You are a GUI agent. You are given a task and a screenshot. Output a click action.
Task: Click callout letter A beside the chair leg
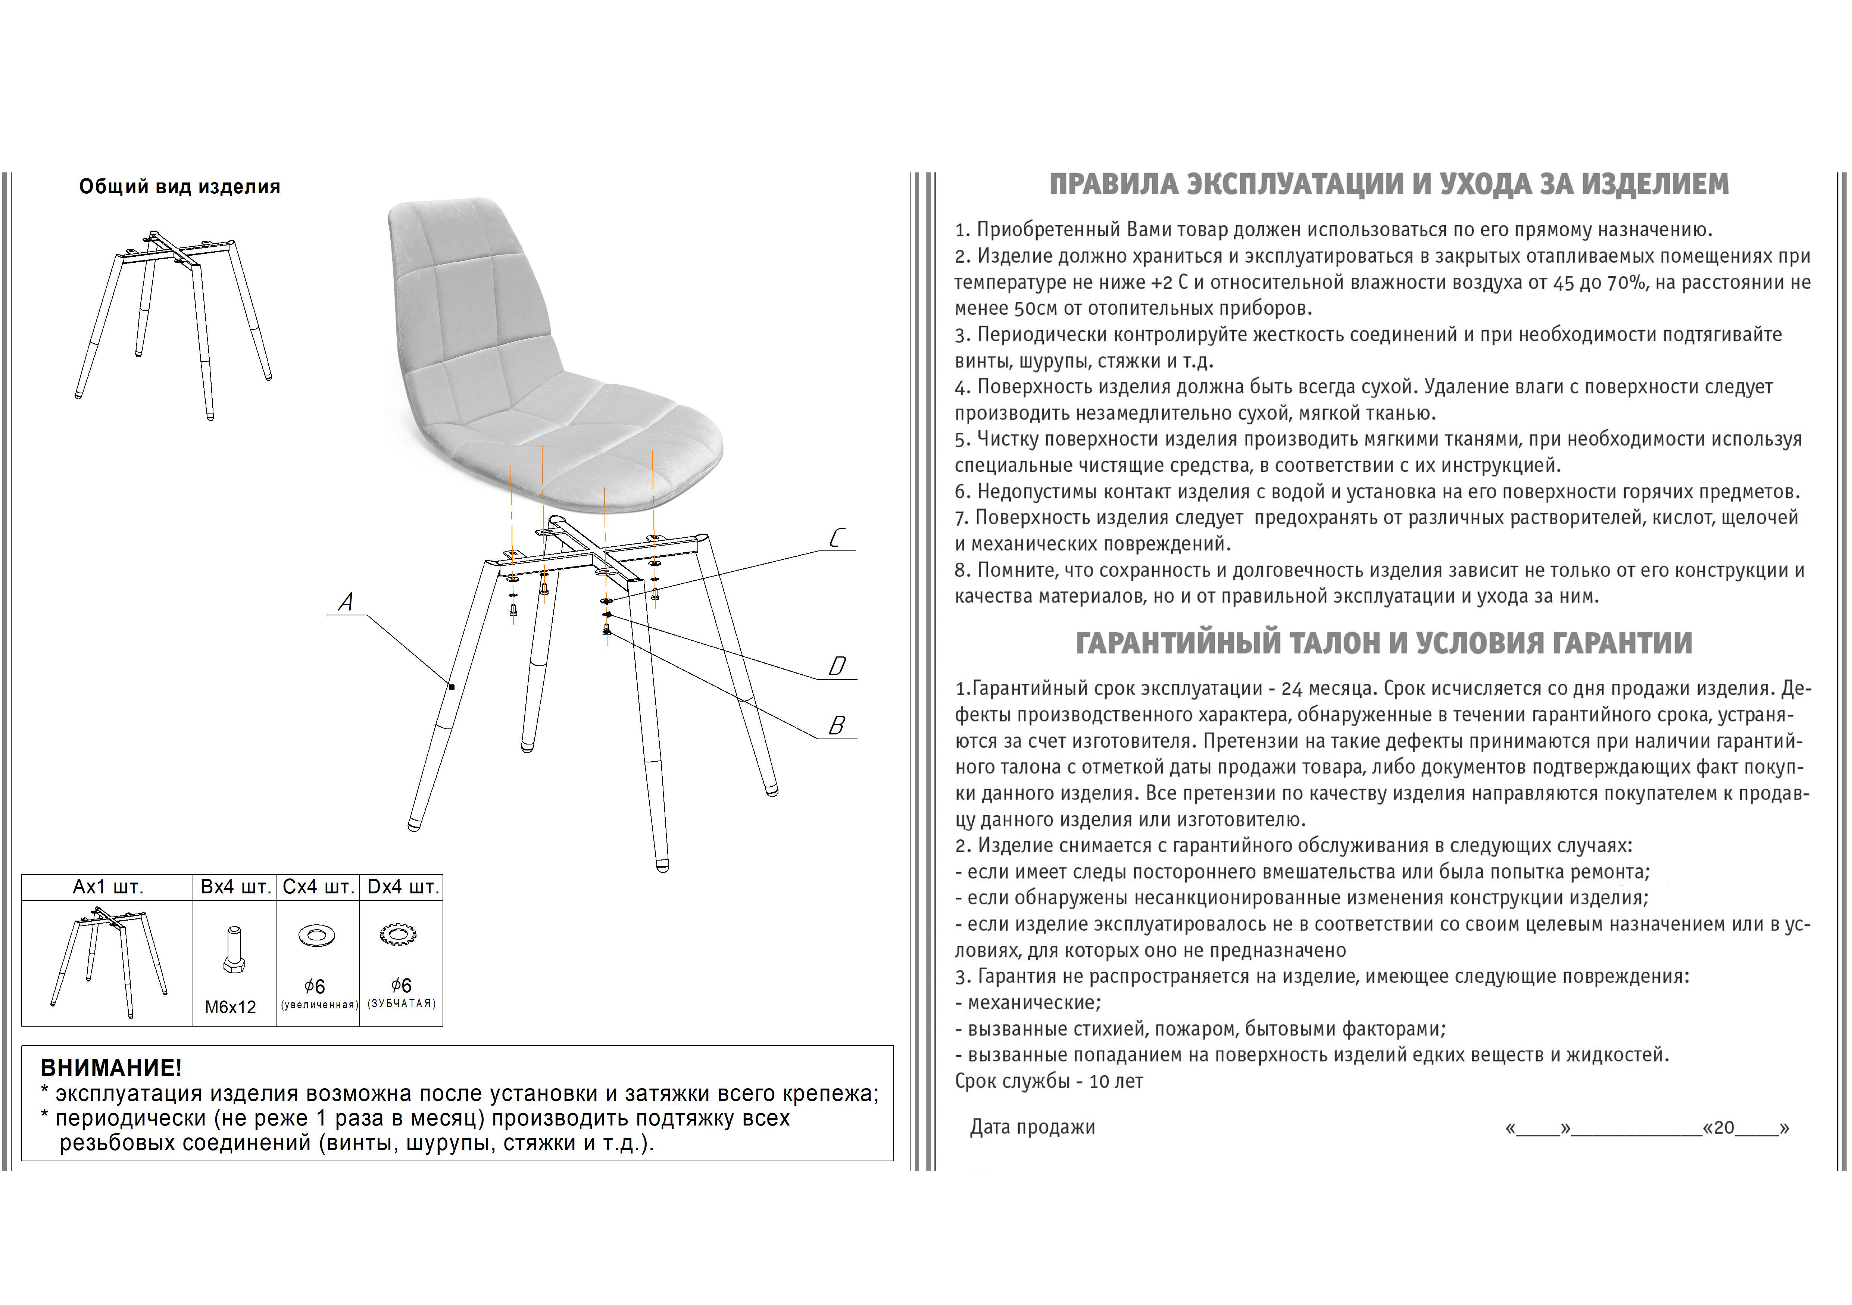click(346, 602)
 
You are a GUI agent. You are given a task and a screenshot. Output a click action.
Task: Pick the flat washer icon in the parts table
click(317, 936)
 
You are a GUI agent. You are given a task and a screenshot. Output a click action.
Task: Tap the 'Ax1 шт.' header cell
click(108, 887)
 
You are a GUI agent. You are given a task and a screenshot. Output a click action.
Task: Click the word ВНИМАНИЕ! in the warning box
click(111, 1068)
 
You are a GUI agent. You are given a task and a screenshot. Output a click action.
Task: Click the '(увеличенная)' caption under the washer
click(319, 1005)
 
